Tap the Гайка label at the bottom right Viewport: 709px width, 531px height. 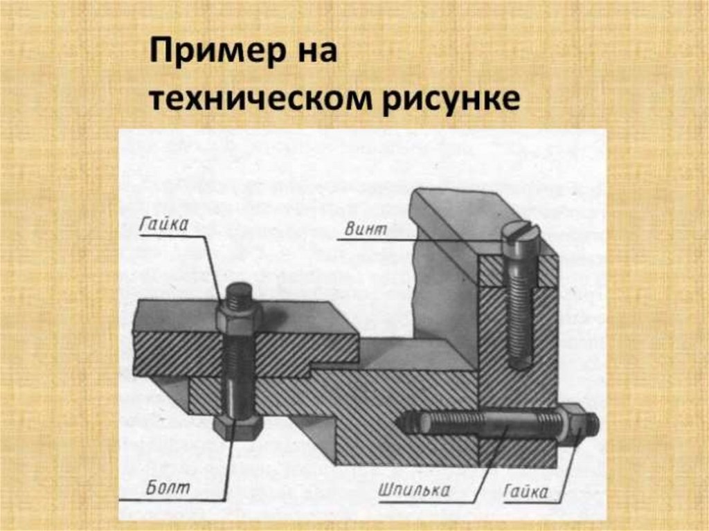[525, 491]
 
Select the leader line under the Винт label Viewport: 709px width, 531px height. [419, 240]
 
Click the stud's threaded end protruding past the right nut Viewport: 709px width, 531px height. [589, 421]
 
